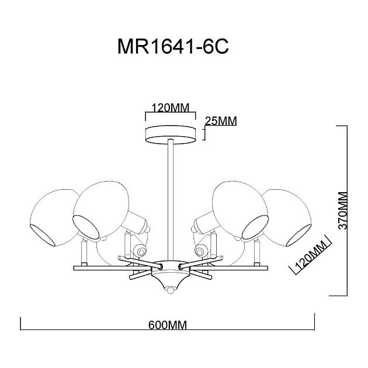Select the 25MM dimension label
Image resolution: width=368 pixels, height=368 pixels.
[221, 121]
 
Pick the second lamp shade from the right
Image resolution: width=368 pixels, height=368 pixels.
[240, 204]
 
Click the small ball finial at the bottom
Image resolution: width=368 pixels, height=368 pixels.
[170, 290]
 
